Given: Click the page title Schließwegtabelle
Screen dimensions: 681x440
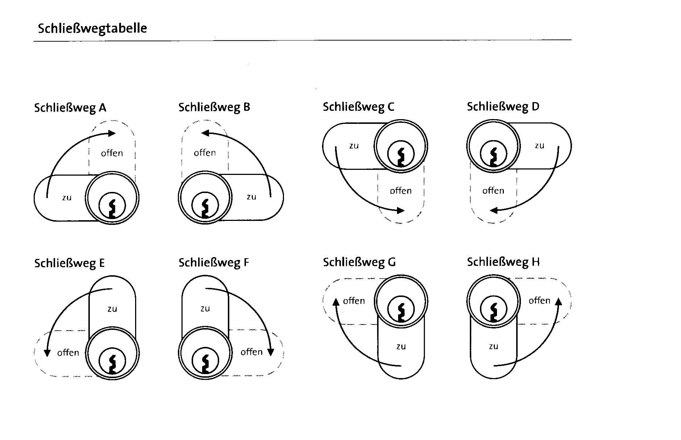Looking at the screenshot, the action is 92,28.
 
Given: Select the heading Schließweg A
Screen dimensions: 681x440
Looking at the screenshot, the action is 70,108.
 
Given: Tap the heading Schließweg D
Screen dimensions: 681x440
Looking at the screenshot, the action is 503,107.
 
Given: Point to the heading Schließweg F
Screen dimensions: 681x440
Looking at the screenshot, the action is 214,263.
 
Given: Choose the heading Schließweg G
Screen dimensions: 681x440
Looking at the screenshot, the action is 359,262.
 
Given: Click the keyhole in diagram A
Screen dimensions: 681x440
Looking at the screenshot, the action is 112,206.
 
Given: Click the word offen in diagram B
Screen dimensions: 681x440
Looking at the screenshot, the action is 205,153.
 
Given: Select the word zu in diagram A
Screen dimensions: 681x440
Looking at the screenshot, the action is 67,198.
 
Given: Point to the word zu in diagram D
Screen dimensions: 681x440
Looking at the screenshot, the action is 539,146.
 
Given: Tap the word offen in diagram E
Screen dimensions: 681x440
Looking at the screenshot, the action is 68,353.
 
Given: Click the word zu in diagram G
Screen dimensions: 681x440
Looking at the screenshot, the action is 401,347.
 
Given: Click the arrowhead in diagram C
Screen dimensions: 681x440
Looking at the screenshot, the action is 401,210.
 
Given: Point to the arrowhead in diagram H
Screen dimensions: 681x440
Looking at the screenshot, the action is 558,302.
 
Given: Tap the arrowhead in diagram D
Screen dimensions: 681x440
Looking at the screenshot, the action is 494,210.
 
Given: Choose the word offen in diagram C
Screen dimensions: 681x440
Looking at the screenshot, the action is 401,191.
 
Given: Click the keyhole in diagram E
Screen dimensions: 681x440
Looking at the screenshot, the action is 112,361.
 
